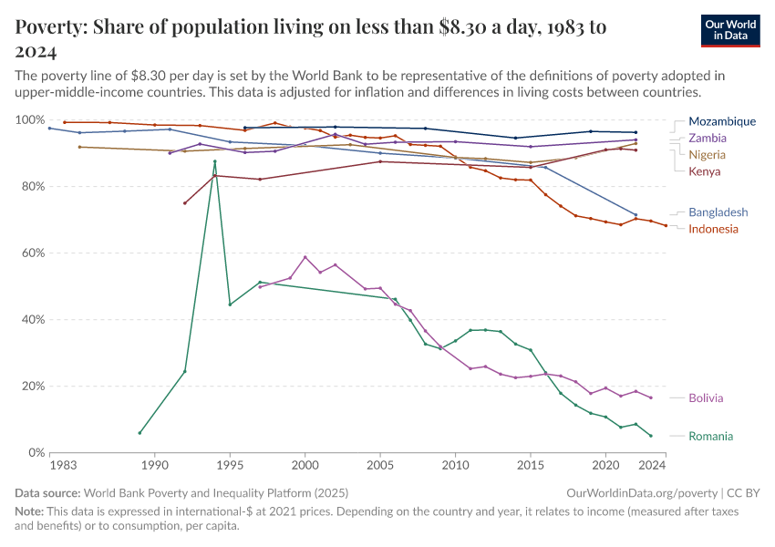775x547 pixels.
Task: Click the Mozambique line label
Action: [x=722, y=121]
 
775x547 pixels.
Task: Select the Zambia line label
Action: [x=708, y=138]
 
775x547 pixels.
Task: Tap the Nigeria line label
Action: [x=708, y=155]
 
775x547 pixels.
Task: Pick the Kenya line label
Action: [x=705, y=171]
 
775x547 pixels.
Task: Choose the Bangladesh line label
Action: [x=718, y=212]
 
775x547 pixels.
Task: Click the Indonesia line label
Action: [x=713, y=229]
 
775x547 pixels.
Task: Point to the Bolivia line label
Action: [x=707, y=398]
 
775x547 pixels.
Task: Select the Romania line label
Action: [x=710, y=436]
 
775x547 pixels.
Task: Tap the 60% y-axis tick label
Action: [x=33, y=253]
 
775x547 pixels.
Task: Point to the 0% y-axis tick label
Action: [x=36, y=452]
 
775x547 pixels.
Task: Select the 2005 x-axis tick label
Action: [x=380, y=466]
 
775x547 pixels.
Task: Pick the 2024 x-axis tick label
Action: [x=652, y=466]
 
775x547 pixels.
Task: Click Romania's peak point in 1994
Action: [x=215, y=161]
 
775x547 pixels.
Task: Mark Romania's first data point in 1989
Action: [x=139, y=433]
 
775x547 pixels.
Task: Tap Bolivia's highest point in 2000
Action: [x=305, y=257]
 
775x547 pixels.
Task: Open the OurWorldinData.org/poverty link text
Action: [x=630, y=492]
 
